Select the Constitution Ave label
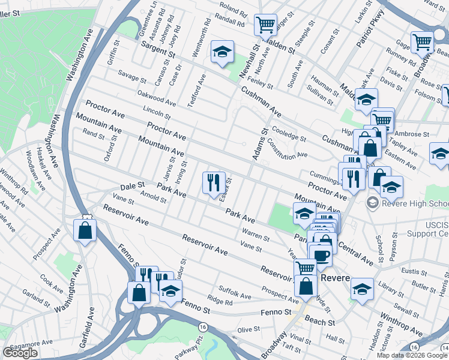287,147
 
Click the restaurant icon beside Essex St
214,183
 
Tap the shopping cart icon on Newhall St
265,26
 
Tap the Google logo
20,353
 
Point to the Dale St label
133,187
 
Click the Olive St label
247,330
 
